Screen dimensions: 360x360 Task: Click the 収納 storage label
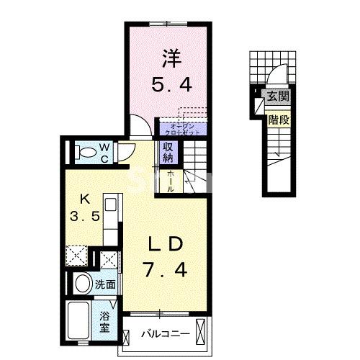pyautogui.click(x=167, y=151)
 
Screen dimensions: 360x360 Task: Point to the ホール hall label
pyautogui.click(x=171, y=180)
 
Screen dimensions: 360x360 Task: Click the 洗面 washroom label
pyautogui.click(x=105, y=284)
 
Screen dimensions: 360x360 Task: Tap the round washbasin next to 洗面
pyautogui.click(x=81, y=283)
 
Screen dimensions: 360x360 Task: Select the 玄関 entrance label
pyautogui.click(x=276, y=95)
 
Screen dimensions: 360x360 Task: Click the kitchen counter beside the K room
pyautogui.click(x=111, y=223)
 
